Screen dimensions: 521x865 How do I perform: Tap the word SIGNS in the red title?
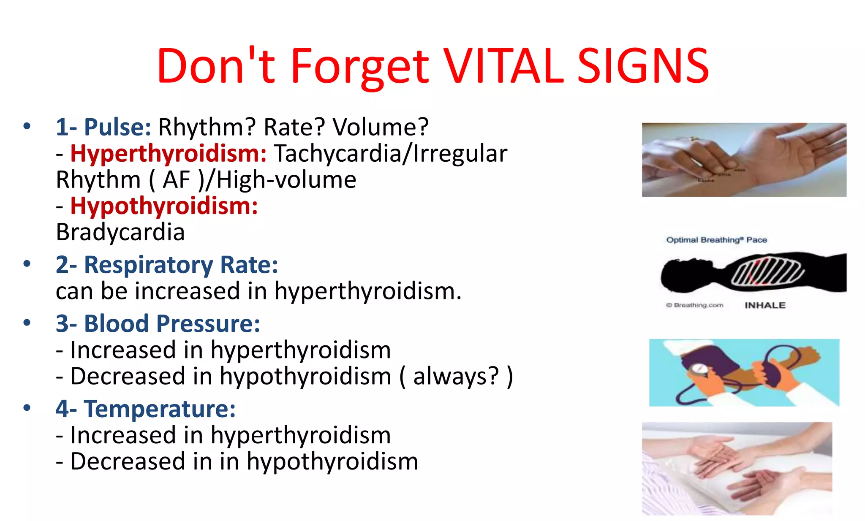pos(643,66)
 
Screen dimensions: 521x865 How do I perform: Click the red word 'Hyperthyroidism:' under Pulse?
pos(168,153)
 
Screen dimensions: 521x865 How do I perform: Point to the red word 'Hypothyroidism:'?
pos(164,206)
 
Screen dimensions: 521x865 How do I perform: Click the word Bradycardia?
pos(120,232)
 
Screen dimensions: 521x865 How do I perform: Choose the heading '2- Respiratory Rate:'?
pos(167,265)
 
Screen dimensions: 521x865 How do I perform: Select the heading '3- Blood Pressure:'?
pos(158,324)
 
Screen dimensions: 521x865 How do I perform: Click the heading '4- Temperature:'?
pos(146,409)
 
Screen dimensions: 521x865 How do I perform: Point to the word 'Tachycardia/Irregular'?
pos(391,153)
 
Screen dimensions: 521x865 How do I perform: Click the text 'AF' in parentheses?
pos(177,180)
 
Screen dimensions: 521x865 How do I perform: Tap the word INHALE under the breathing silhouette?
pos(765,305)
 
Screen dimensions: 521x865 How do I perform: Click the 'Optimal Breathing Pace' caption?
pos(716,240)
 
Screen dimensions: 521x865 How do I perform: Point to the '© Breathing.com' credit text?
pos(695,305)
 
